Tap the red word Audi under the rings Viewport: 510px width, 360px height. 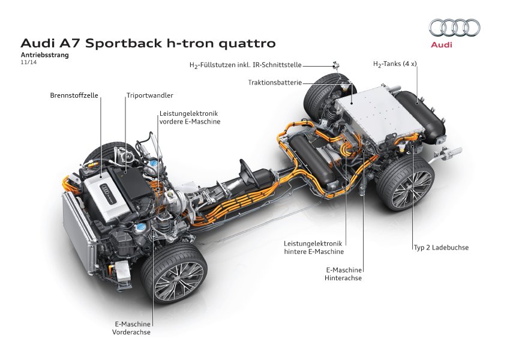(x=442, y=44)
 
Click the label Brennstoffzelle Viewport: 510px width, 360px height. (x=74, y=95)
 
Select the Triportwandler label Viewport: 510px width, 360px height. (x=149, y=95)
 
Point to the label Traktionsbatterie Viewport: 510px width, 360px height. (x=274, y=82)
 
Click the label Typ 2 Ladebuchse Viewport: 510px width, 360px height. (x=441, y=247)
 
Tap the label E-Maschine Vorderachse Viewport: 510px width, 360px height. (x=131, y=328)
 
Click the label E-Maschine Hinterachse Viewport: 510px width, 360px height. (x=343, y=274)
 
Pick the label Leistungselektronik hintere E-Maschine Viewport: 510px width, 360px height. (x=313, y=247)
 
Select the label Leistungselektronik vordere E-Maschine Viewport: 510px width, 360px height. (x=190, y=117)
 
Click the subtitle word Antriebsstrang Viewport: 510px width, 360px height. (x=45, y=55)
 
